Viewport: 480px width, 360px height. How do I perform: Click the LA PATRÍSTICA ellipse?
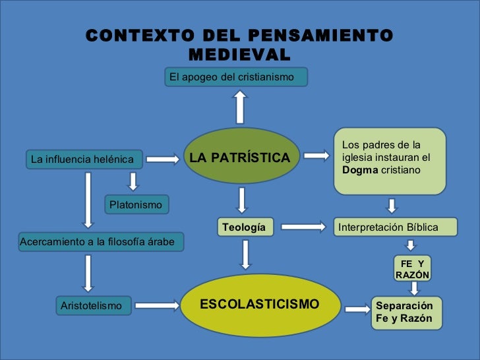(239, 158)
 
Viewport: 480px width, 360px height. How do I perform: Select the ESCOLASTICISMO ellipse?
(259, 305)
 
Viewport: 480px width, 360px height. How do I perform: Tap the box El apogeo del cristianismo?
(236, 77)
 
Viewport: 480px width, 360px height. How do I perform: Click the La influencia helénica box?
(82, 159)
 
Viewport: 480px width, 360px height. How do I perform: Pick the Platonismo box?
(136, 205)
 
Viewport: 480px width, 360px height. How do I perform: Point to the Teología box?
(245, 227)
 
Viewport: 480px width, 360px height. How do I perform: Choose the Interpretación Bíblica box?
(394, 227)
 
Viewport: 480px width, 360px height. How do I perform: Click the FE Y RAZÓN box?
(412, 269)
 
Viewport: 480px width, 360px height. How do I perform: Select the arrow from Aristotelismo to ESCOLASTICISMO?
(157, 305)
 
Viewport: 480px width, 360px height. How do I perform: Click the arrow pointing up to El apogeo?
(239, 106)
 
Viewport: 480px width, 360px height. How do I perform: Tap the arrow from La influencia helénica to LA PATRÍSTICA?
(162, 159)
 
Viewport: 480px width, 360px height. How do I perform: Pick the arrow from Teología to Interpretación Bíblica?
(303, 227)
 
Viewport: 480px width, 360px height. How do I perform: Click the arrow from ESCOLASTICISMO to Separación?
(358, 309)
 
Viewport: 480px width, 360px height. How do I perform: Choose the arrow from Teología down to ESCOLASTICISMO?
(245, 254)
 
